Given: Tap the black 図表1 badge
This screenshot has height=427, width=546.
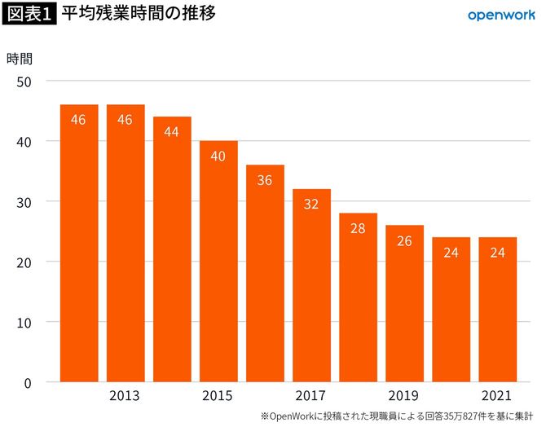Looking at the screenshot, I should pos(29,15).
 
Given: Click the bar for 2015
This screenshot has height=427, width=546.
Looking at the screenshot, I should pos(218,261).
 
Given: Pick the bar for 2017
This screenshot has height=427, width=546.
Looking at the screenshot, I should pos(311,285).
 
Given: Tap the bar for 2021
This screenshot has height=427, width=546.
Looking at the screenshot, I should pos(497,310).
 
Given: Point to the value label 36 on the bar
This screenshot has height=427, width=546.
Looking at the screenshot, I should pos(265,179).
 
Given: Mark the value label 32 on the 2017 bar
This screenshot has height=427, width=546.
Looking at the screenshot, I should pos(311,204).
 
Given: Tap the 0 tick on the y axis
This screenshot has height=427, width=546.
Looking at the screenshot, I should pos(27,382).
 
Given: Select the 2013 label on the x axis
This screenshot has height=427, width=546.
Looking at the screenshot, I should pos(124,396).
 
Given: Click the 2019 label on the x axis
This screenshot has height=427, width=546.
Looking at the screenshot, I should pos(403,396).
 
